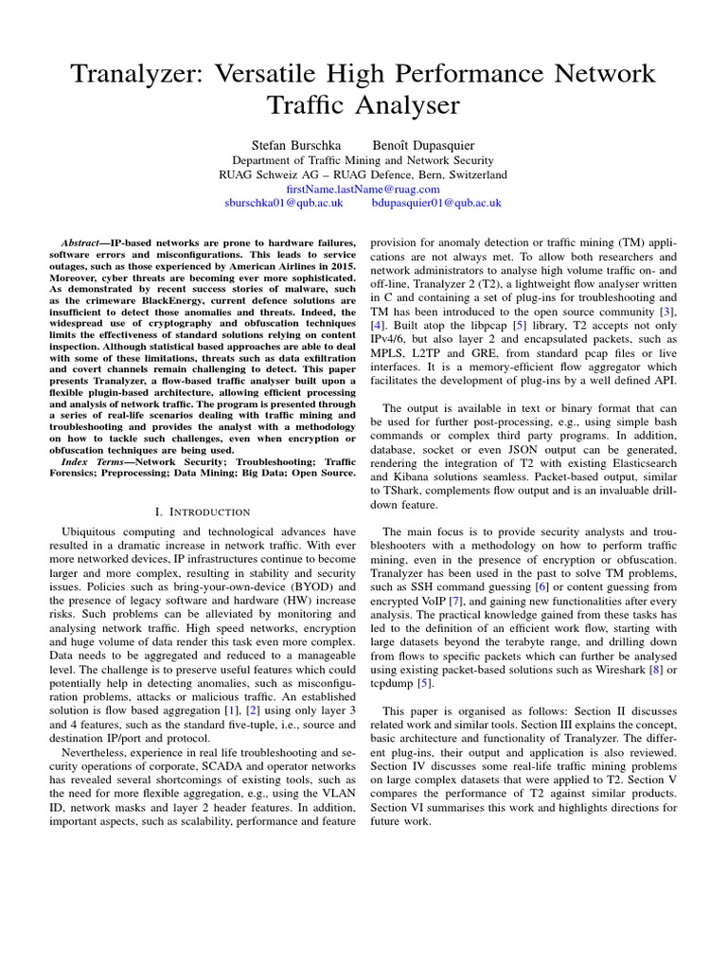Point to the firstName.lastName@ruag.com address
[363, 189]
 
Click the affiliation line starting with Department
[363, 161]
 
